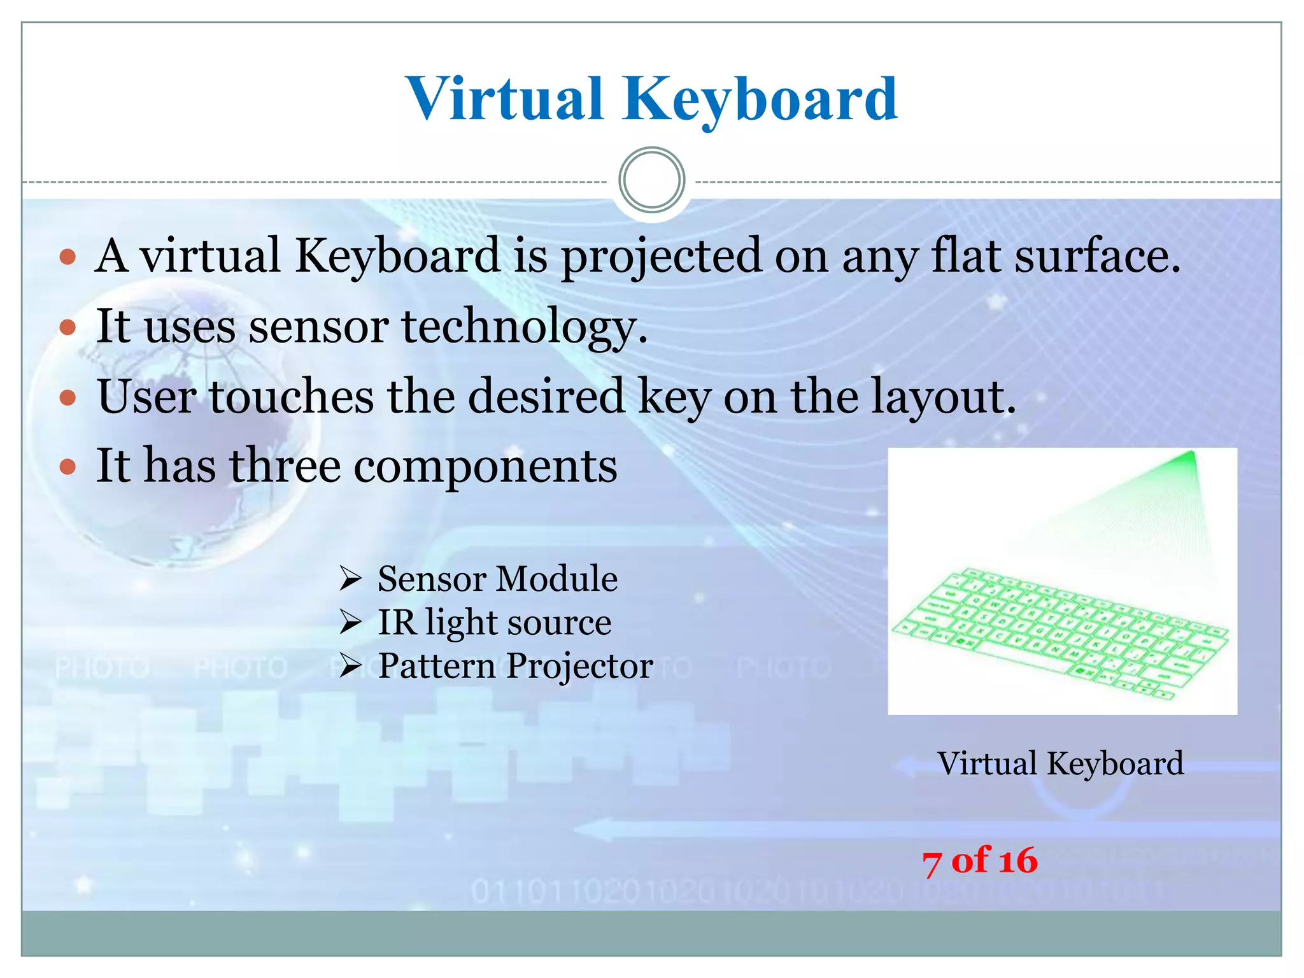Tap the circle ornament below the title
click(651, 180)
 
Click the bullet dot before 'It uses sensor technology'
click(67, 327)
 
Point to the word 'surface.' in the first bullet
click(1097, 256)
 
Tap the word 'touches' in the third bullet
click(292, 396)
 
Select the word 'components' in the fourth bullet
click(485, 467)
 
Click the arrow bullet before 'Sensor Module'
click(350, 579)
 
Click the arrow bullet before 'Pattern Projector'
click(350, 667)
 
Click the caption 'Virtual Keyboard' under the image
click(1060, 763)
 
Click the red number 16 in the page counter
click(1017, 861)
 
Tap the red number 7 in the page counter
click(932, 863)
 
